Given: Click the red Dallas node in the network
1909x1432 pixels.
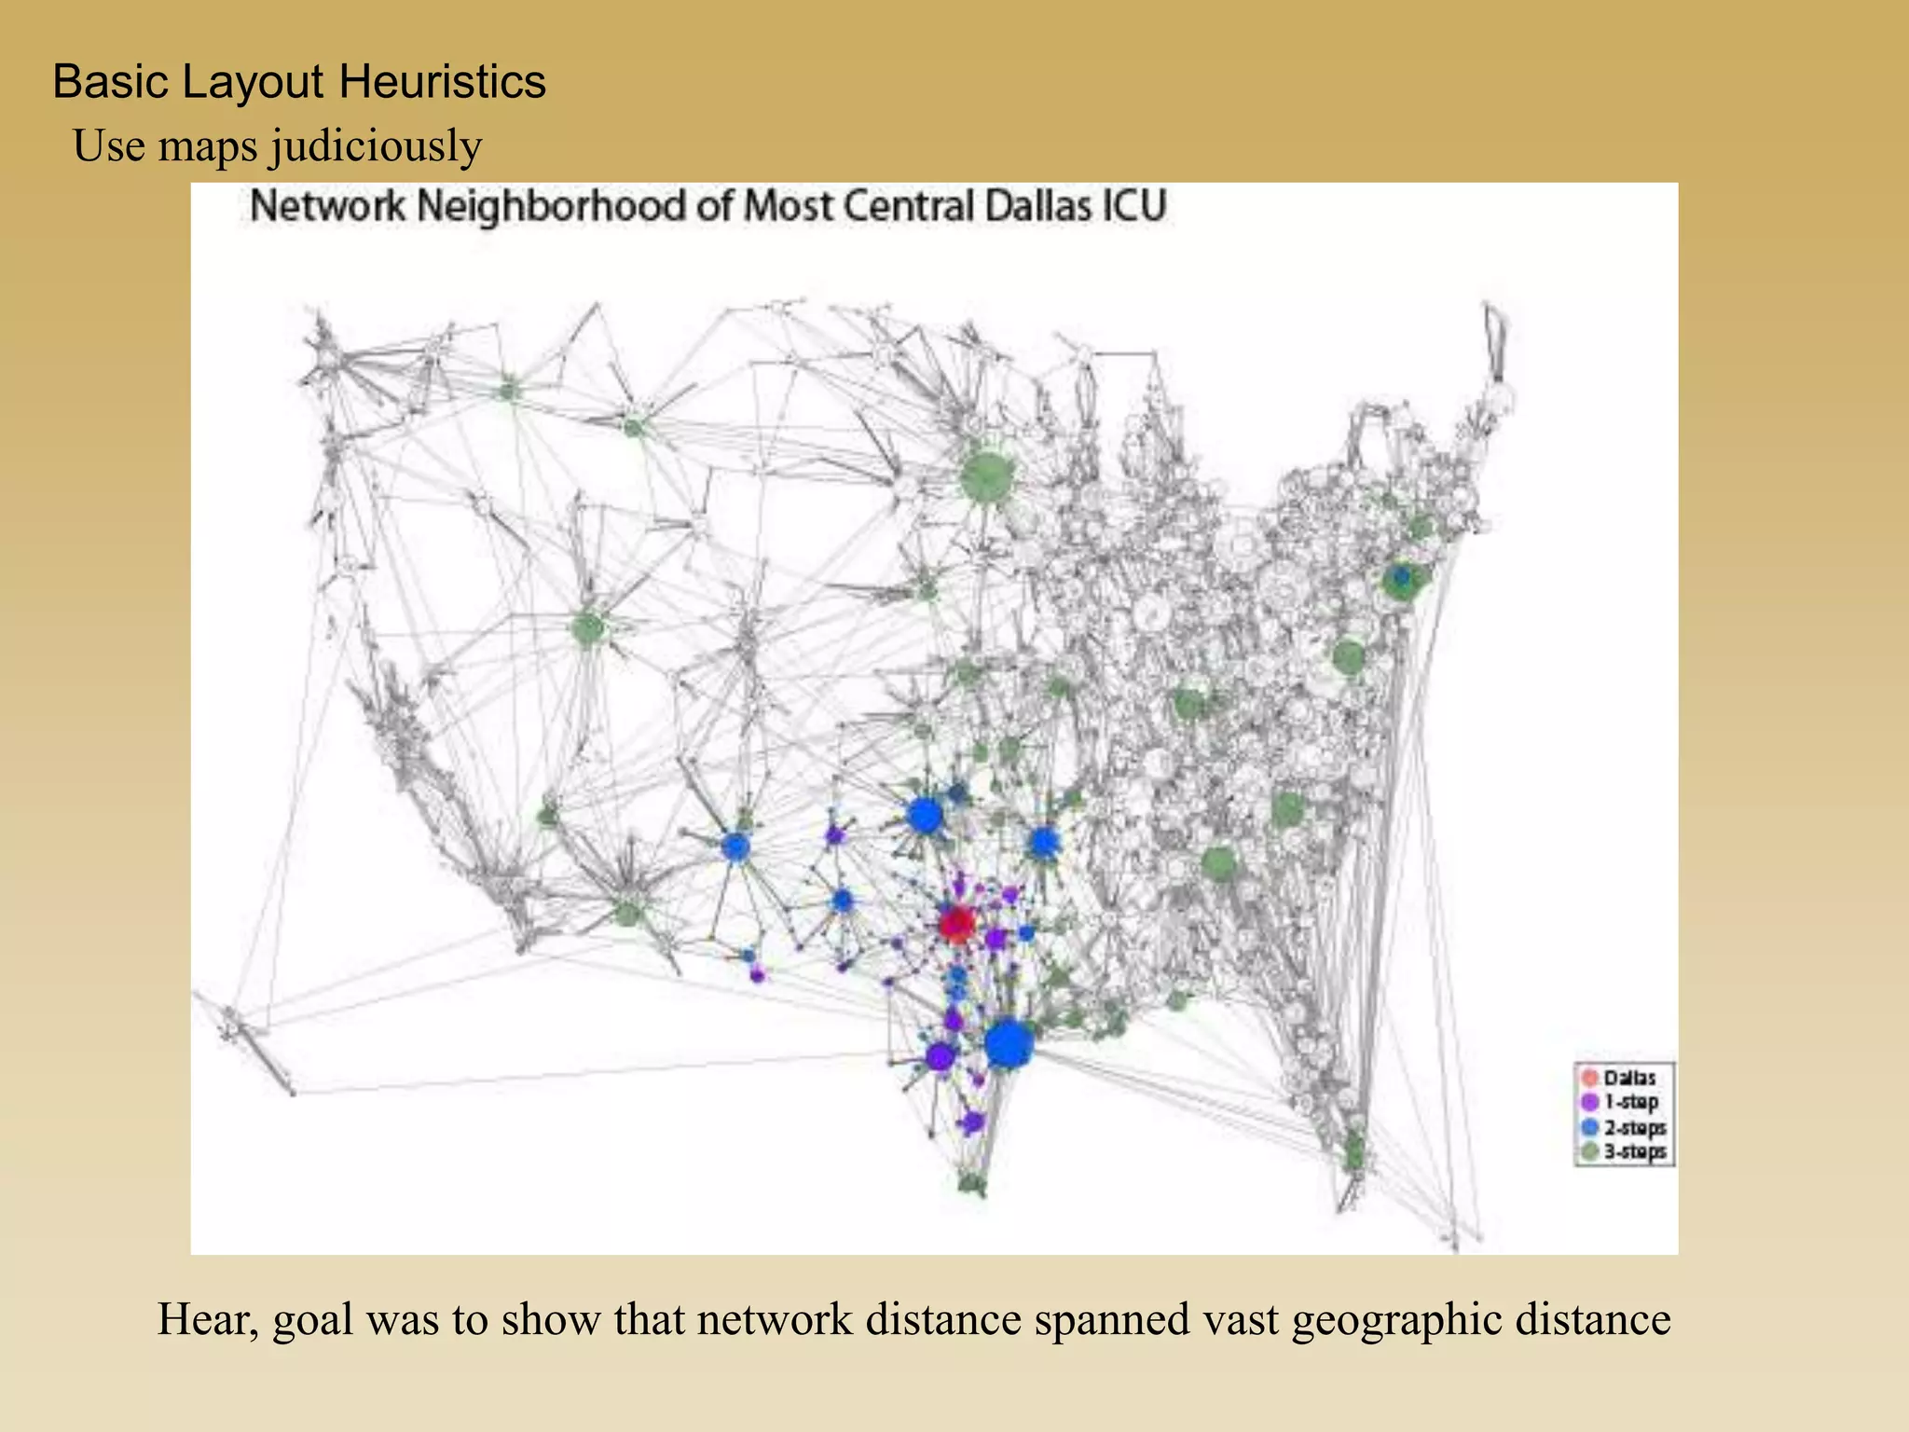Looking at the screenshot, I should [x=956, y=923].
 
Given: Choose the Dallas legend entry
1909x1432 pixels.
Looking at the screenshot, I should [x=1629, y=1078].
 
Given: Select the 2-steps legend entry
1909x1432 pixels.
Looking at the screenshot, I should [x=1634, y=1127].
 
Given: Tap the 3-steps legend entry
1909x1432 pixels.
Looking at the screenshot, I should [x=1634, y=1151].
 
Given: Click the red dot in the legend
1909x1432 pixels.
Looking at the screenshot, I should [x=1590, y=1078].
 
